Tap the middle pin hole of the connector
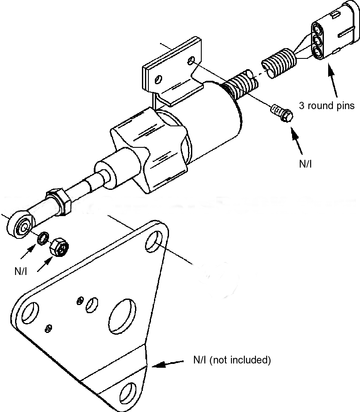[x=318, y=42]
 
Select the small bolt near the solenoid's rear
[x=281, y=113]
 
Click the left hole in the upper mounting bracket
[x=159, y=79]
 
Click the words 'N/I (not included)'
[x=231, y=360]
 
